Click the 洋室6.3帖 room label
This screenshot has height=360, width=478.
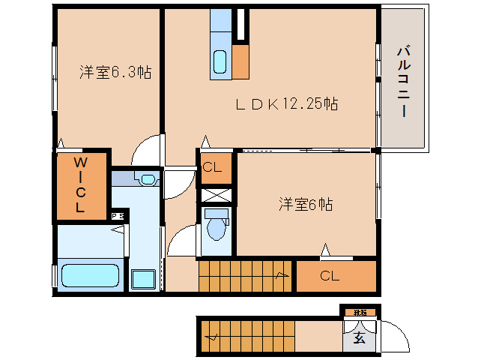(115, 73)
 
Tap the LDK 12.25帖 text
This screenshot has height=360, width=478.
(287, 104)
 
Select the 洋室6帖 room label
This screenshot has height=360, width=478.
(306, 204)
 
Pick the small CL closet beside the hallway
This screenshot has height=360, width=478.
(212, 168)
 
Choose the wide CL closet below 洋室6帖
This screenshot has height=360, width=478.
(330, 276)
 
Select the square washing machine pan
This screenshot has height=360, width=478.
(142, 279)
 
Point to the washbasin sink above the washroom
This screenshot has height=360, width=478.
(146, 179)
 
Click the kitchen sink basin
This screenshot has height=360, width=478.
(220, 61)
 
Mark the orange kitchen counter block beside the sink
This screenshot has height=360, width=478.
(240, 61)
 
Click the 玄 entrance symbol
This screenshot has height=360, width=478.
(359, 338)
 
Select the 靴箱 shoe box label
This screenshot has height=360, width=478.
(360, 311)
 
